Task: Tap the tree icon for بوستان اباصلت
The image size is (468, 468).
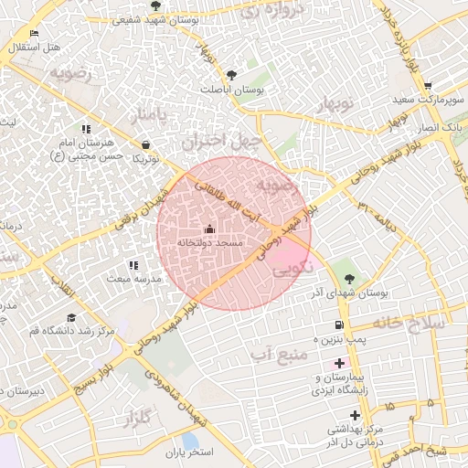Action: (230, 75)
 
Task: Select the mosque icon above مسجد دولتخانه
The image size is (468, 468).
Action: (210, 229)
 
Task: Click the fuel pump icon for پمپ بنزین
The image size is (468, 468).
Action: (340, 324)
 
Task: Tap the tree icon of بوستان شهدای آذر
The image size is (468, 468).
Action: (350, 279)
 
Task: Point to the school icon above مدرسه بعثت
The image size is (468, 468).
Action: (133, 264)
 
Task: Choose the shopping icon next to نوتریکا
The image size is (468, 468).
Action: (146, 144)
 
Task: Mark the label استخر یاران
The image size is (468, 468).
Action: (189, 452)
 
